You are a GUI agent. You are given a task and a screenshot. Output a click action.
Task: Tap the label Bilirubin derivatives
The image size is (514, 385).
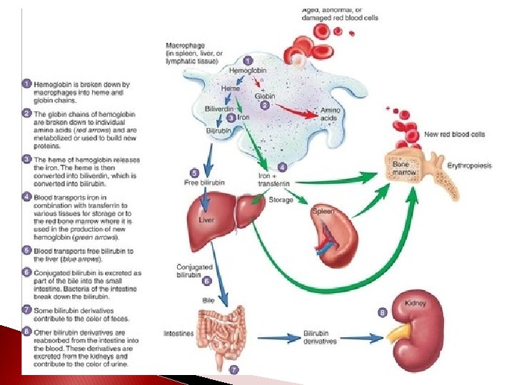pos(320,337)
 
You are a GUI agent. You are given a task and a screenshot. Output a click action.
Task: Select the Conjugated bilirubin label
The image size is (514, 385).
pos(194,272)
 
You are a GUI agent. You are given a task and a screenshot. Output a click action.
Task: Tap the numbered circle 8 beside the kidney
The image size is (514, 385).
pos(383,312)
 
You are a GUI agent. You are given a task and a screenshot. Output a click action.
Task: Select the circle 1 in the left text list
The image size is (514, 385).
pos(26,83)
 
